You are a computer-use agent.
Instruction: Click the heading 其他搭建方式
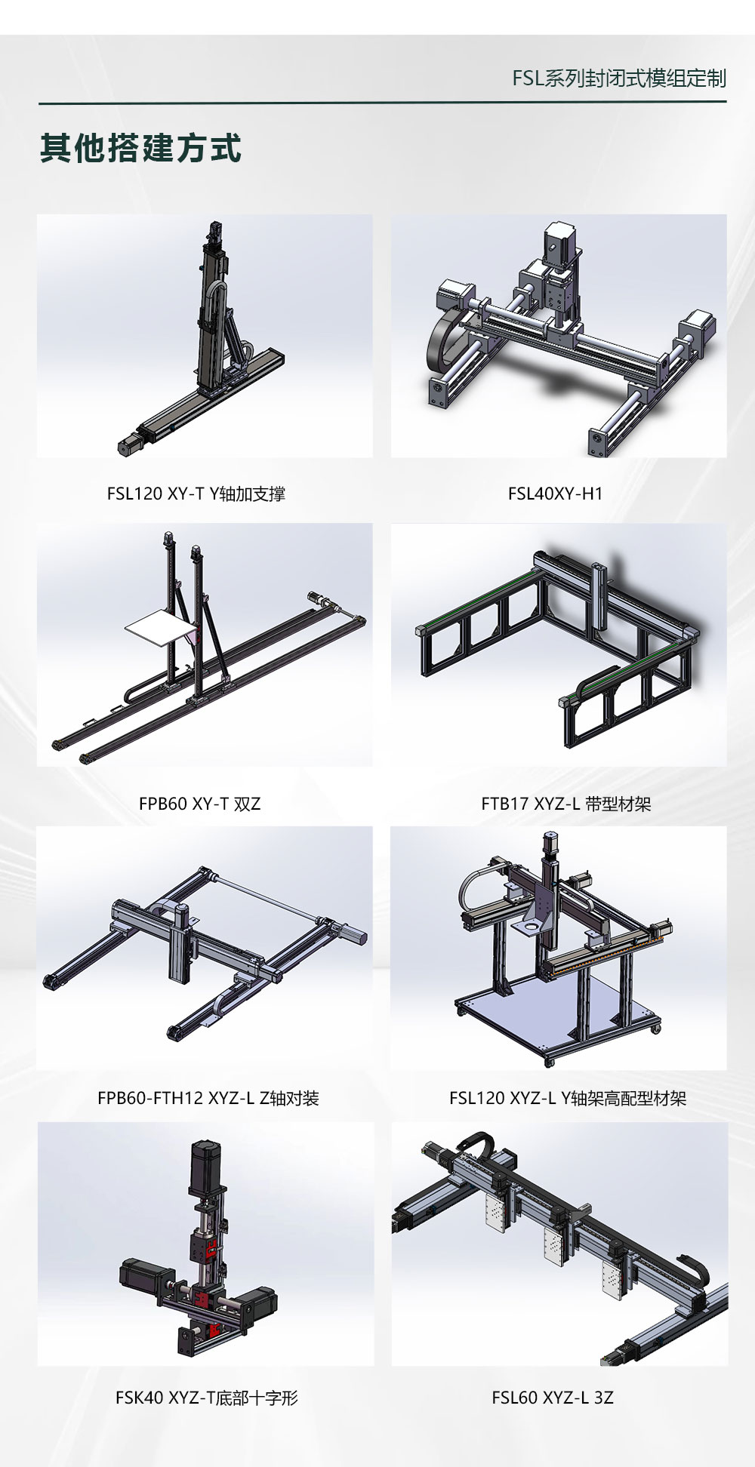(x=140, y=148)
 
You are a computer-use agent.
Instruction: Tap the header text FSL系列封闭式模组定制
(x=619, y=78)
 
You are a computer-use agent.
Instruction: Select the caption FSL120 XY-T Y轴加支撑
(x=196, y=494)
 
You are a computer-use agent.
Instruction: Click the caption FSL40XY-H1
(x=556, y=494)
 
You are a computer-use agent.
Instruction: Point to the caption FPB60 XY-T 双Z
(x=200, y=804)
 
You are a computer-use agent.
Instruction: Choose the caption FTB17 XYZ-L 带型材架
(x=566, y=804)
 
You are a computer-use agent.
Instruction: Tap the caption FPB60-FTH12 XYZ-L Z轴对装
(x=208, y=1098)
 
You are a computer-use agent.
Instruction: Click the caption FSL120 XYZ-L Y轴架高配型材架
(x=568, y=1098)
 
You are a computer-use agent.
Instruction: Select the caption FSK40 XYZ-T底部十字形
(x=207, y=1398)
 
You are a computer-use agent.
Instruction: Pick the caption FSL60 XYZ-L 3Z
(x=553, y=1398)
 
